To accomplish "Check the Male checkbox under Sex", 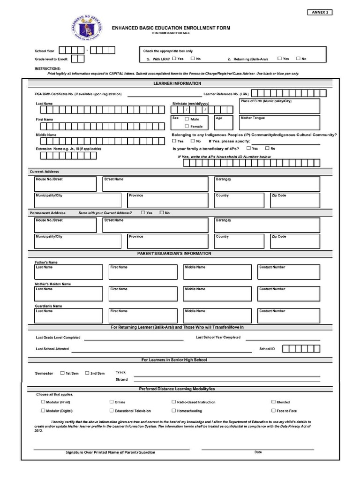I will tap(187, 119).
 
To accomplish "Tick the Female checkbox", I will tap(187, 126).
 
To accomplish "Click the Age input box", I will tap(224, 123).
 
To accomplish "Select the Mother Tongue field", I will tap(279, 123).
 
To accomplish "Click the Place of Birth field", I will tap(279, 106).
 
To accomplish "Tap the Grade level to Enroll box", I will tap(78, 59).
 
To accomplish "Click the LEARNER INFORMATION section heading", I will tap(177, 83).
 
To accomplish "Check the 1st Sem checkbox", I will tap(62, 373).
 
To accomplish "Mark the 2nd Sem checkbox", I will tap(87, 373).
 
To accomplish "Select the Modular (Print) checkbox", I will tap(43, 402).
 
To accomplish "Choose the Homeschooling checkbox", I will tap(173, 411).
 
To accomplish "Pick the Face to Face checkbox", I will tap(273, 411).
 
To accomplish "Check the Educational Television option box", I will tap(112, 411).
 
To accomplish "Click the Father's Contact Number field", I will tap(289, 272).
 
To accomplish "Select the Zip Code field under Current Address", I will tap(294, 200).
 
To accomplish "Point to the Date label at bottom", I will tap(258, 452).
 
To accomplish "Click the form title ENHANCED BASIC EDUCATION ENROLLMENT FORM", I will tap(171, 28).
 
